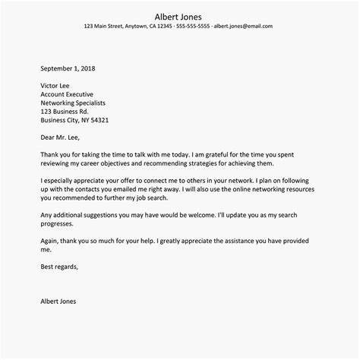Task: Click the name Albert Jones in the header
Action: (x=179, y=16)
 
